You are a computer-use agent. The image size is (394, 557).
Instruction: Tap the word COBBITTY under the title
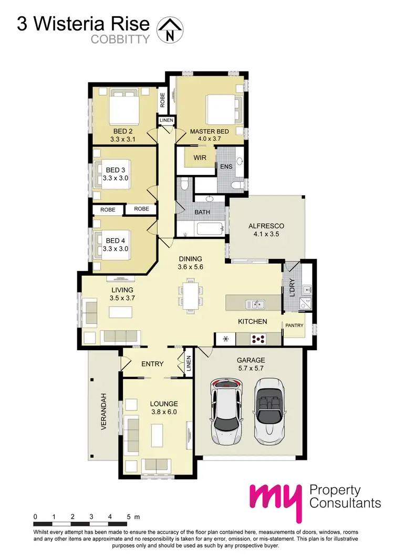(120, 38)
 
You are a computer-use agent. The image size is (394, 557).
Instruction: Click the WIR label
(200, 157)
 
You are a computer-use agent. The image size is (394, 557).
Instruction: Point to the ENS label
(226, 167)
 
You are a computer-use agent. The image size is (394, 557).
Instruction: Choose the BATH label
(202, 212)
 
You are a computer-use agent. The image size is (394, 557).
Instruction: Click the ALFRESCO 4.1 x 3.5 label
(266, 230)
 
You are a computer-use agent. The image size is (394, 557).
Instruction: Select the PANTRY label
(295, 325)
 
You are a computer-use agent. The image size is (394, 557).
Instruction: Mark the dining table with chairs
(189, 295)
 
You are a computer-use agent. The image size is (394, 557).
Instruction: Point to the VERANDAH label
(103, 412)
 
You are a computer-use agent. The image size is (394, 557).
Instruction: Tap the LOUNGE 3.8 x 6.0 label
(164, 408)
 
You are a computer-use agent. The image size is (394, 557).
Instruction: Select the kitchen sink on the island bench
(257, 303)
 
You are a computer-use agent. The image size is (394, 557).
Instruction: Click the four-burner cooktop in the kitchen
(258, 339)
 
